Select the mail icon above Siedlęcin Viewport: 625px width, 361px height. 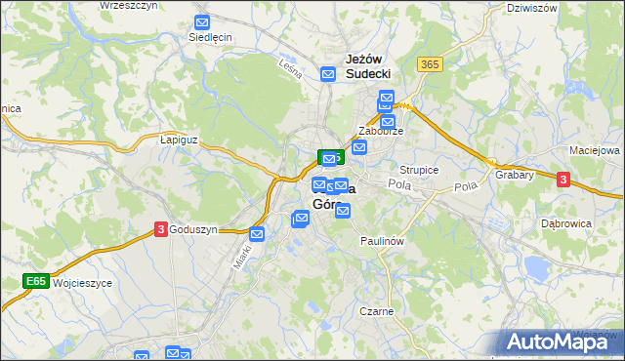(202, 21)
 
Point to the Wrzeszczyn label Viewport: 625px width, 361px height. (130, 6)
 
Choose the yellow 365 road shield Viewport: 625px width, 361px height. (428, 63)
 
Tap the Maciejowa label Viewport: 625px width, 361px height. (595, 151)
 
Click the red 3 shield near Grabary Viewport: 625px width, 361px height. (563, 179)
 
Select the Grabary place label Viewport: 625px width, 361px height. (514, 176)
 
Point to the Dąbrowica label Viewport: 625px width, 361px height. (567, 223)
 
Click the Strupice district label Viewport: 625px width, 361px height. (420, 170)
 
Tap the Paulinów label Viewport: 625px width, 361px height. (382, 240)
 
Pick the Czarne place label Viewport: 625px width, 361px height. (376, 311)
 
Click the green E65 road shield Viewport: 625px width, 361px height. (37, 281)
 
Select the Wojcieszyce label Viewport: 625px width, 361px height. (84, 282)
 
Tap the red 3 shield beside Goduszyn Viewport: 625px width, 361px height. (160, 229)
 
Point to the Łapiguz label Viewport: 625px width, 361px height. (179, 140)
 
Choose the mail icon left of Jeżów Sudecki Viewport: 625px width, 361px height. (329, 73)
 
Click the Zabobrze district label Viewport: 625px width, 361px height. (381, 131)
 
